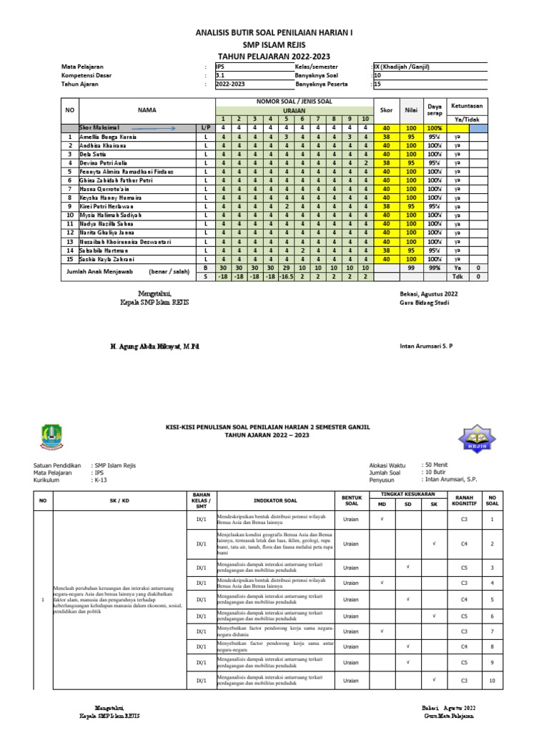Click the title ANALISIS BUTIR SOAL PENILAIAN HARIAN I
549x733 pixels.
click(274, 33)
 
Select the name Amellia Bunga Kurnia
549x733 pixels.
click(108, 136)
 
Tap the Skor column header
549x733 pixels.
click(386, 109)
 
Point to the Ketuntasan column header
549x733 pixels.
click(468, 105)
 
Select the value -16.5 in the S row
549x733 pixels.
click(285, 276)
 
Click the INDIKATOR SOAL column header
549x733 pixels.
click(274, 500)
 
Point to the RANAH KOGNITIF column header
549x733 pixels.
click(464, 500)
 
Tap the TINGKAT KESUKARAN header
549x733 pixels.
click(407, 495)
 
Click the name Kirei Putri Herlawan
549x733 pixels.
click(107, 206)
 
